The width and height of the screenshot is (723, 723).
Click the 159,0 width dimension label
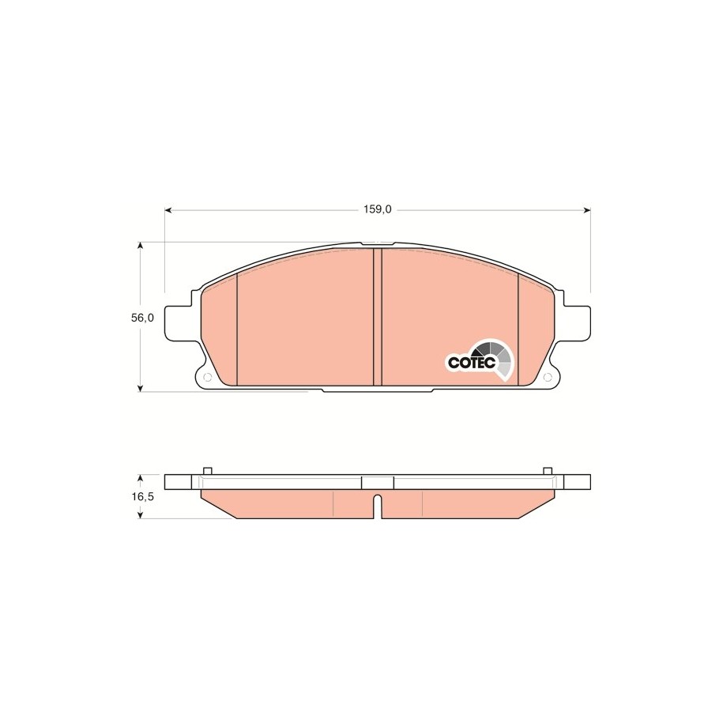(377, 209)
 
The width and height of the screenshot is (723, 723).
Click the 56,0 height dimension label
(142, 318)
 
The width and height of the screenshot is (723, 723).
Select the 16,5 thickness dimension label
(142, 496)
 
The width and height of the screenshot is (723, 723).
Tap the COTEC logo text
(472, 362)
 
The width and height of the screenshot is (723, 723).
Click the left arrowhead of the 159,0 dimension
(168, 210)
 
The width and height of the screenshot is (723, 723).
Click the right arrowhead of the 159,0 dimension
(587, 210)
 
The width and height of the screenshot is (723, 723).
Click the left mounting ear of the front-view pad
(178, 323)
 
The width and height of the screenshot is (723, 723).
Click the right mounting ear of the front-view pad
(577, 323)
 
